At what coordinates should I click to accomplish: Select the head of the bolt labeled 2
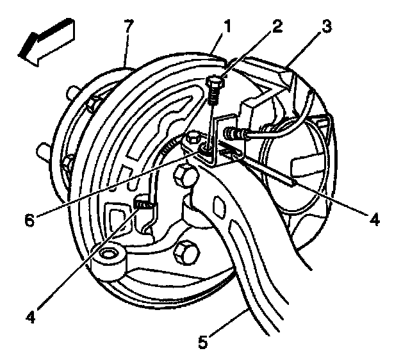pos(216,83)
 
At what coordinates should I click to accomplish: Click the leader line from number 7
pos(126,51)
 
